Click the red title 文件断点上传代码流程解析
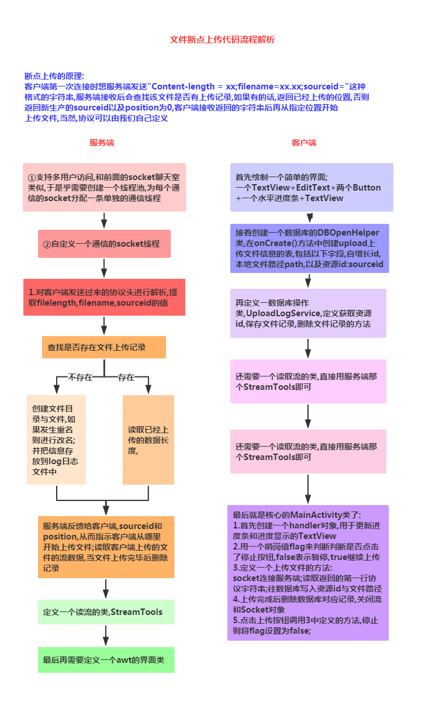(x=222, y=40)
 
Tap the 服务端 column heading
(x=102, y=143)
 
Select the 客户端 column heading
(x=304, y=143)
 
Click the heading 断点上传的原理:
(x=54, y=76)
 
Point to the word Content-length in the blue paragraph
(x=182, y=86)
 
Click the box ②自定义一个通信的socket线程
(x=104, y=243)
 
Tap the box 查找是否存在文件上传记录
(x=104, y=347)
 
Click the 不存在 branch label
(x=81, y=377)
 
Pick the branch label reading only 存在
(x=126, y=377)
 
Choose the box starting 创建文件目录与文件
(x=56, y=440)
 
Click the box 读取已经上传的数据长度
(x=148, y=440)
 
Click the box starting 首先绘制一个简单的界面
(x=311, y=187)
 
